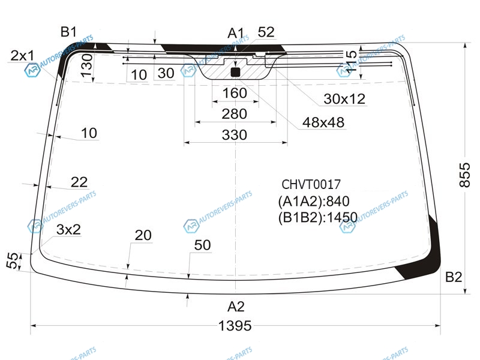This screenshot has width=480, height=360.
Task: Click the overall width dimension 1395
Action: click(235, 326)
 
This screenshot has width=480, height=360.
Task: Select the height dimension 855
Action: click(464, 175)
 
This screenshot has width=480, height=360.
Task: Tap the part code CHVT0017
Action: click(311, 184)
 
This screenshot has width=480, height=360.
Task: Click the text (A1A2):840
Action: click(314, 201)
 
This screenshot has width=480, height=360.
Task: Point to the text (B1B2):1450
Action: click(318, 217)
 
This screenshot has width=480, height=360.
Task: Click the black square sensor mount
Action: click(235, 72)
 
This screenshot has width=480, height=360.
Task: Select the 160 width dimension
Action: click(235, 93)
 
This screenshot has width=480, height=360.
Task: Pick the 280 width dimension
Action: click(234, 114)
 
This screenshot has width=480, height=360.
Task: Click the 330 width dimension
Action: click(234, 134)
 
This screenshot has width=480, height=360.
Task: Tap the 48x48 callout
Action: click(323, 122)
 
